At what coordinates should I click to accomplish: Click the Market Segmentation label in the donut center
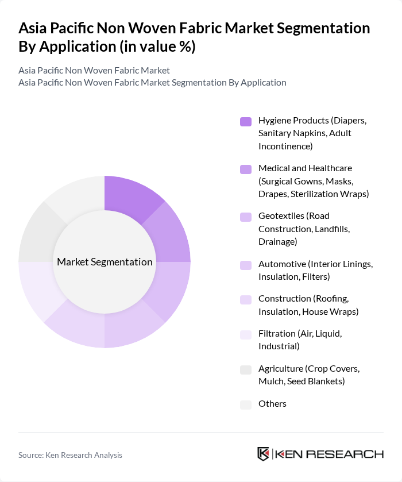click(x=105, y=262)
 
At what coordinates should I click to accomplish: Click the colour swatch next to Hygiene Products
click(x=246, y=121)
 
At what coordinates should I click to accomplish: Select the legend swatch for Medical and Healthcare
click(x=246, y=169)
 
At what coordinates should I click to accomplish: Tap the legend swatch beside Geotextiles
click(x=246, y=217)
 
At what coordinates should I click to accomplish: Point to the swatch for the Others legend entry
click(x=246, y=404)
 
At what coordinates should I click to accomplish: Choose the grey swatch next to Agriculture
click(x=246, y=369)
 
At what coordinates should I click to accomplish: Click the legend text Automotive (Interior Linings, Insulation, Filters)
click(x=315, y=271)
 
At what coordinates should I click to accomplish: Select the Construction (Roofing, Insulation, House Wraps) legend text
click(x=308, y=306)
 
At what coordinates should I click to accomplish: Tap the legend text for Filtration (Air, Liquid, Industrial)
click(x=295, y=340)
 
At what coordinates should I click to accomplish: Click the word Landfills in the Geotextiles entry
click(x=328, y=229)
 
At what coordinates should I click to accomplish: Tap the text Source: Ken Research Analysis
click(x=70, y=455)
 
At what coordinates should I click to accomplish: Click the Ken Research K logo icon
click(x=264, y=454)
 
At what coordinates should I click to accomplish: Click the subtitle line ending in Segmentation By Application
click(x=152, y=82)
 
